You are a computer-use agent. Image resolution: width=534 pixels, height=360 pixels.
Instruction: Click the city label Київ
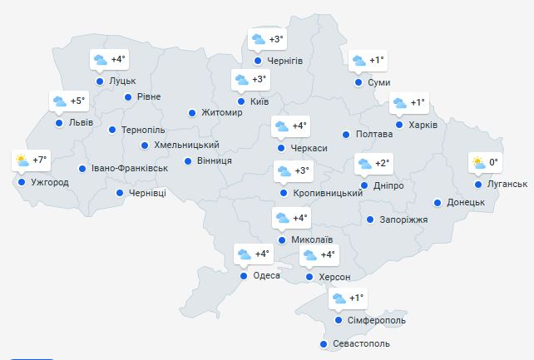pos(259,101)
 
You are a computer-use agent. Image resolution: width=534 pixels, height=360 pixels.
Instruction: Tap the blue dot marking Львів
pos(59,123)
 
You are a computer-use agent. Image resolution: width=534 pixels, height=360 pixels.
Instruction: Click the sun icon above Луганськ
pos(478,162)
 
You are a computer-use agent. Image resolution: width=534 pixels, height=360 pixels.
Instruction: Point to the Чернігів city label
pos(285,62)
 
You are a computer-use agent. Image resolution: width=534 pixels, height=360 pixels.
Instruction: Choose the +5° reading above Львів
pos(77,101)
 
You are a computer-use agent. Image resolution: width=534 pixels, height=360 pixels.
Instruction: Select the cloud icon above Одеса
pos(244,254)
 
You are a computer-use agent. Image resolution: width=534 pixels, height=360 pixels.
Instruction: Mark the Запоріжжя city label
pos(403,220)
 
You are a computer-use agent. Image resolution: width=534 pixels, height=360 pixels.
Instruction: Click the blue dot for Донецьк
pos(437,202)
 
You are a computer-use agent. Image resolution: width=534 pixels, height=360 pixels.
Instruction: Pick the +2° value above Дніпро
pos(383,163)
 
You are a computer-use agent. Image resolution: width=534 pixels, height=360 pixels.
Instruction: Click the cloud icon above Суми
pos(358,61)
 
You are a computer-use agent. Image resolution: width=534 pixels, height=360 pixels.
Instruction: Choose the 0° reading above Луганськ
pos(493,162)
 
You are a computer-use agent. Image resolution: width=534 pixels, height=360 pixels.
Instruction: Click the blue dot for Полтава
pos(346,134)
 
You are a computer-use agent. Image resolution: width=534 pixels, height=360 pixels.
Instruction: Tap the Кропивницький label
pos(328,193)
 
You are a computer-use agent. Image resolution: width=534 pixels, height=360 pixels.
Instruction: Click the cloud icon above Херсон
pos(309,255)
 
